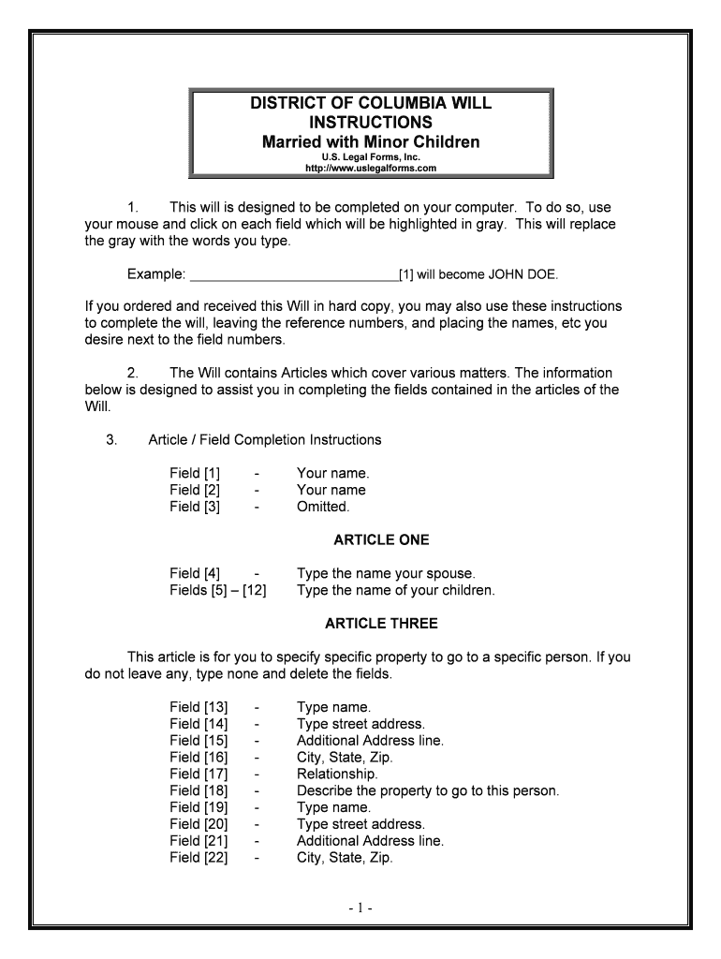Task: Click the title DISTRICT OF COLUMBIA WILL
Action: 371,103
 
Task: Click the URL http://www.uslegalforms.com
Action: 371,169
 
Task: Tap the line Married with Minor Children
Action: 371,141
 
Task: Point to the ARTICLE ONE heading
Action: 381,540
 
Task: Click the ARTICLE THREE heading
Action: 381,624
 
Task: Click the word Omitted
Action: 323,507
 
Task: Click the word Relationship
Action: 337,775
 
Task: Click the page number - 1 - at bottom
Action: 360,907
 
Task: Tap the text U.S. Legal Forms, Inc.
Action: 371,157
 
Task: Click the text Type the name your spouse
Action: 386,573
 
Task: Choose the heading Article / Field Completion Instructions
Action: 264,440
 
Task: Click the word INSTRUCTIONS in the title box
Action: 371,123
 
